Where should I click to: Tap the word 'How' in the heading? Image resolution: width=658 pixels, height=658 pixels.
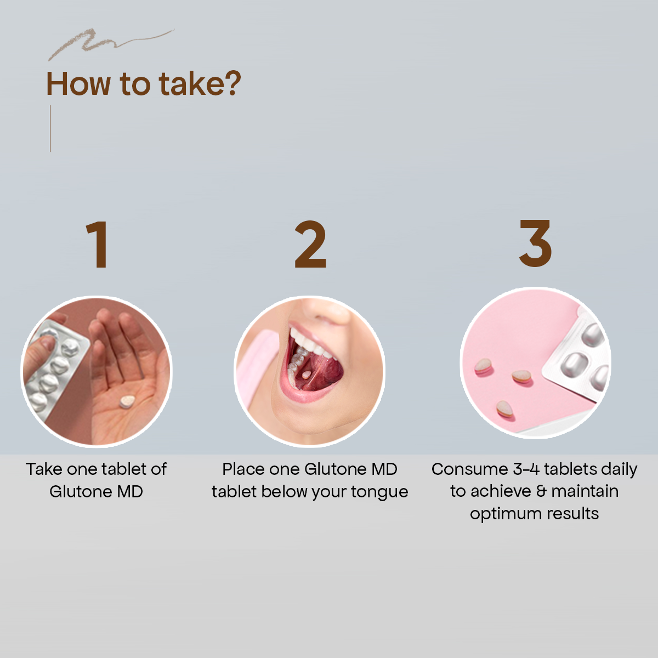tap(78, 84)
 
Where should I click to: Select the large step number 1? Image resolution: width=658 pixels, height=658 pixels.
tap(98, 244)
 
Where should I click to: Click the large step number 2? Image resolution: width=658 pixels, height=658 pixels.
tap(310, 244)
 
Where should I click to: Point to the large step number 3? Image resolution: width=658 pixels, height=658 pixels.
tap(535, 243)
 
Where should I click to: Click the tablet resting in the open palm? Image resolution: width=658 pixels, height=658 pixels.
tap(127, 401)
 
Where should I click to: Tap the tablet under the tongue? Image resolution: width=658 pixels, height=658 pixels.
tap(307, 375)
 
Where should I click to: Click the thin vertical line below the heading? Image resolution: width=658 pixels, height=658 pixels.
tap(50, 128)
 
